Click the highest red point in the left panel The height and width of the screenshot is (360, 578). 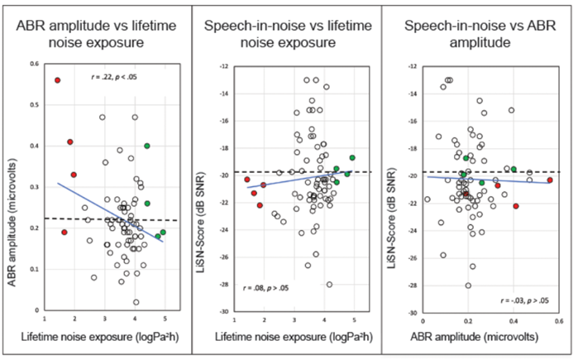58,80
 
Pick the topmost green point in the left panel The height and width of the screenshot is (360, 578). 147,146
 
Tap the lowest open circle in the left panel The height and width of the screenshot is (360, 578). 136,302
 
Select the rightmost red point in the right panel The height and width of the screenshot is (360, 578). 550,180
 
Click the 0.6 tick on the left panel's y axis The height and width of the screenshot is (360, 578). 31,63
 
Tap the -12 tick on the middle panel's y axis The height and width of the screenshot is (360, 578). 222,67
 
